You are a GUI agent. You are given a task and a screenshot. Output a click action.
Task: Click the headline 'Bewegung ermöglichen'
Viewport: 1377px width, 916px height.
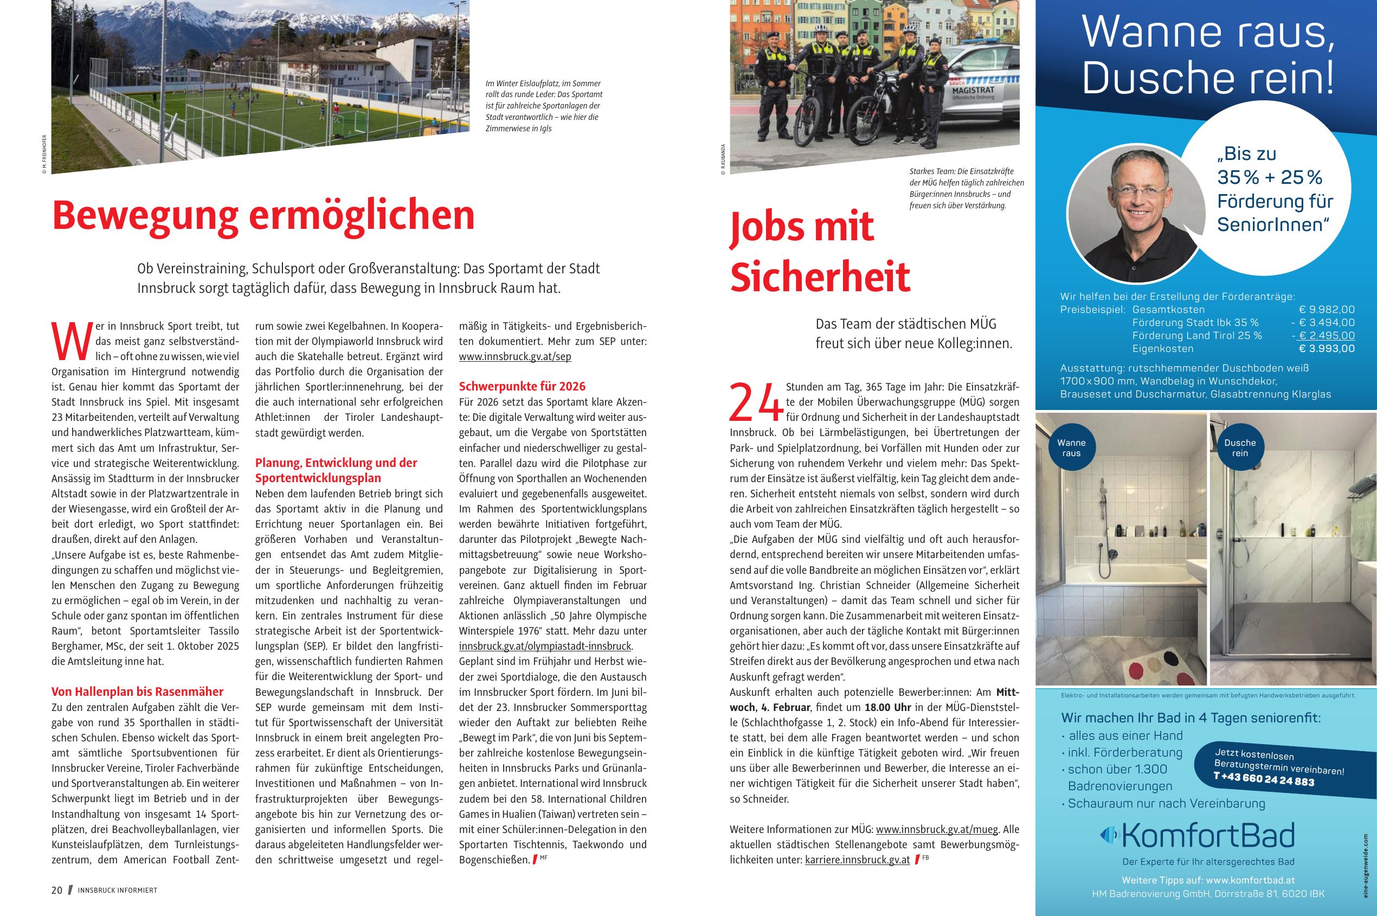[263, 215]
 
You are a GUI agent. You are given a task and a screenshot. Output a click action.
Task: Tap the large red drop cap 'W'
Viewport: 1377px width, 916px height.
[72, 341]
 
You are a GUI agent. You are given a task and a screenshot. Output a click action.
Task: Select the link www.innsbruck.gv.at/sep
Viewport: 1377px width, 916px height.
[514, 356]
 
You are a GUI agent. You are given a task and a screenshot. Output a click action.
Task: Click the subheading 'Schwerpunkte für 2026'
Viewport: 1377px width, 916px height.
[522, 386]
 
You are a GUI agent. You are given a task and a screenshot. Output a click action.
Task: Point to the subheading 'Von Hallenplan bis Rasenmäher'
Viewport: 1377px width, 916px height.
[137, 691]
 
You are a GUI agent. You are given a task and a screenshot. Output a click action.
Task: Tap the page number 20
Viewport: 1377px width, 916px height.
[56, 891]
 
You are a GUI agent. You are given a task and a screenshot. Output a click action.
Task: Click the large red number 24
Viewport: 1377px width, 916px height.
[756, 402]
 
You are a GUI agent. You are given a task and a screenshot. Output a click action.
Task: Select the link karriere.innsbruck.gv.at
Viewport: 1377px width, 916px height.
[857, 860]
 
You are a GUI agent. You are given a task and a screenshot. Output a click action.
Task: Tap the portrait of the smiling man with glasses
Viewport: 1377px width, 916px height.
[1135, 214]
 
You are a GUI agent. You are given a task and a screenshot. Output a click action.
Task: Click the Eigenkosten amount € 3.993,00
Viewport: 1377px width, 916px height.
[1326, 349]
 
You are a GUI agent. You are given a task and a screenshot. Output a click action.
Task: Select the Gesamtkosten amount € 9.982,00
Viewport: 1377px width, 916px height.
[1326, 310]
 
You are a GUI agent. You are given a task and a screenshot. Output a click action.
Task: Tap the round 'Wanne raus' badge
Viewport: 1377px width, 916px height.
[1072, 448]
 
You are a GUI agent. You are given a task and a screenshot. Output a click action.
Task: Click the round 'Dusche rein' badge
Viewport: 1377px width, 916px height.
[1240, 448]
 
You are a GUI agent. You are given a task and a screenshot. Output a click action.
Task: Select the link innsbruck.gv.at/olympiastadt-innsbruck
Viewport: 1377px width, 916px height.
[545, 646]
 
